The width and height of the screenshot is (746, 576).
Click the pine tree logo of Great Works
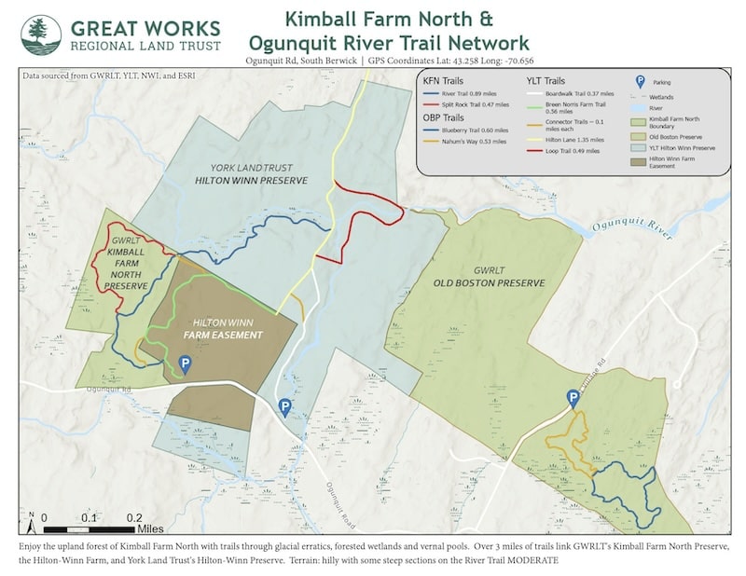(x=41, y=34)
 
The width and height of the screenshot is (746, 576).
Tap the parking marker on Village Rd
(x=573, y=399)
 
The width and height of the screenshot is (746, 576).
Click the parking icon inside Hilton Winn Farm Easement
(x=185, y=364)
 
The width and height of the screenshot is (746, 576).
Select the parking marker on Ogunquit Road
(x=284, y=406)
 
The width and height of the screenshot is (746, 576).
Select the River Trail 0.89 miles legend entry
(x=463, y=94)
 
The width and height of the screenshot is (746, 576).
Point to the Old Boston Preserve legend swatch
(x=639, y=131)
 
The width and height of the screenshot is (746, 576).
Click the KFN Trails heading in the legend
(x=443, y=81)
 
